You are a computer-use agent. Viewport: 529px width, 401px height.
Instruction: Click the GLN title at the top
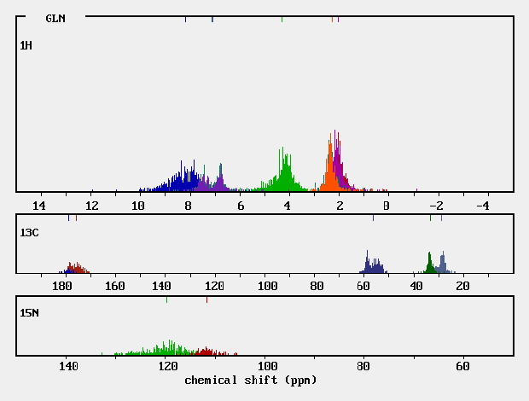click(55, 18)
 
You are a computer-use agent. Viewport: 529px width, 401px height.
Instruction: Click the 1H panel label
click(26, 44)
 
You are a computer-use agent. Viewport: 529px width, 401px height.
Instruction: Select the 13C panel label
click(29, 232)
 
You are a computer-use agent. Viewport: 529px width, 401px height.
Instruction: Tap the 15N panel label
click(29, 313)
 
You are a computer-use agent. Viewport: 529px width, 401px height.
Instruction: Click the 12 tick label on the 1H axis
click(91, 206)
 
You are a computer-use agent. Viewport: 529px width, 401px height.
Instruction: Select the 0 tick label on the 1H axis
click(387, 206)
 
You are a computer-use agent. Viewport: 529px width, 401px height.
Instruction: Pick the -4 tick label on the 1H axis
click(483, 206)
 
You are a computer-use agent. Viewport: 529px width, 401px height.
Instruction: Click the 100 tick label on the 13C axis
click(267, 286)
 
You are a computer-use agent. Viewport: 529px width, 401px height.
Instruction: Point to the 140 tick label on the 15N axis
click(68, 367)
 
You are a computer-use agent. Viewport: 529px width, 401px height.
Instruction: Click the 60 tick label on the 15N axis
click(462, 367)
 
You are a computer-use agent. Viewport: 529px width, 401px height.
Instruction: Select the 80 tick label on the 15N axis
click(364, 367)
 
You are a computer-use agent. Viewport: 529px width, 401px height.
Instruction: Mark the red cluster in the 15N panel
click(206, 351)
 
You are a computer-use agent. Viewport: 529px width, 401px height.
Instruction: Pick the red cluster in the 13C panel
click(78, 268)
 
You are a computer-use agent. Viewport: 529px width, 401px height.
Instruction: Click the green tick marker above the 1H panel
click(282, 19)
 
